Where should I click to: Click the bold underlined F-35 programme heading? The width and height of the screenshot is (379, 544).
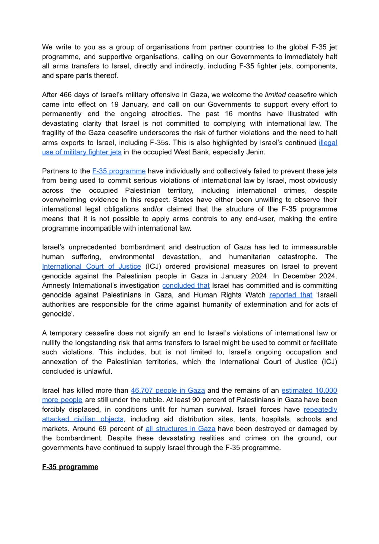(x=70, y=467)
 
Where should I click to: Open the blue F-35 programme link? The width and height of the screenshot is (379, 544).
(x=119, y=171)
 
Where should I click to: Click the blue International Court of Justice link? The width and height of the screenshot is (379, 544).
(x=91, y=266)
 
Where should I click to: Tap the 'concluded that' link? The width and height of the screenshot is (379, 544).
(x=186, y=285)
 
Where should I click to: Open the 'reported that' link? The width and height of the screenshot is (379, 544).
(x=291, y=295)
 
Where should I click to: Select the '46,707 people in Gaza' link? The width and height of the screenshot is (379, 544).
(x=168, y=390)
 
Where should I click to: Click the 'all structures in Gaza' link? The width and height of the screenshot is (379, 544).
(x=180, y=429)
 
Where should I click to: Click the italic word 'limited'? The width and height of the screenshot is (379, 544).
(x=275, y=95)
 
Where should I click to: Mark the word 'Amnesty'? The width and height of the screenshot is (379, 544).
(x=56, y=285)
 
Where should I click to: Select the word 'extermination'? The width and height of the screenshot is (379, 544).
(x=261, y=304)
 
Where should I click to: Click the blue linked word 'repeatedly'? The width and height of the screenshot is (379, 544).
(x=320, y=409)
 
